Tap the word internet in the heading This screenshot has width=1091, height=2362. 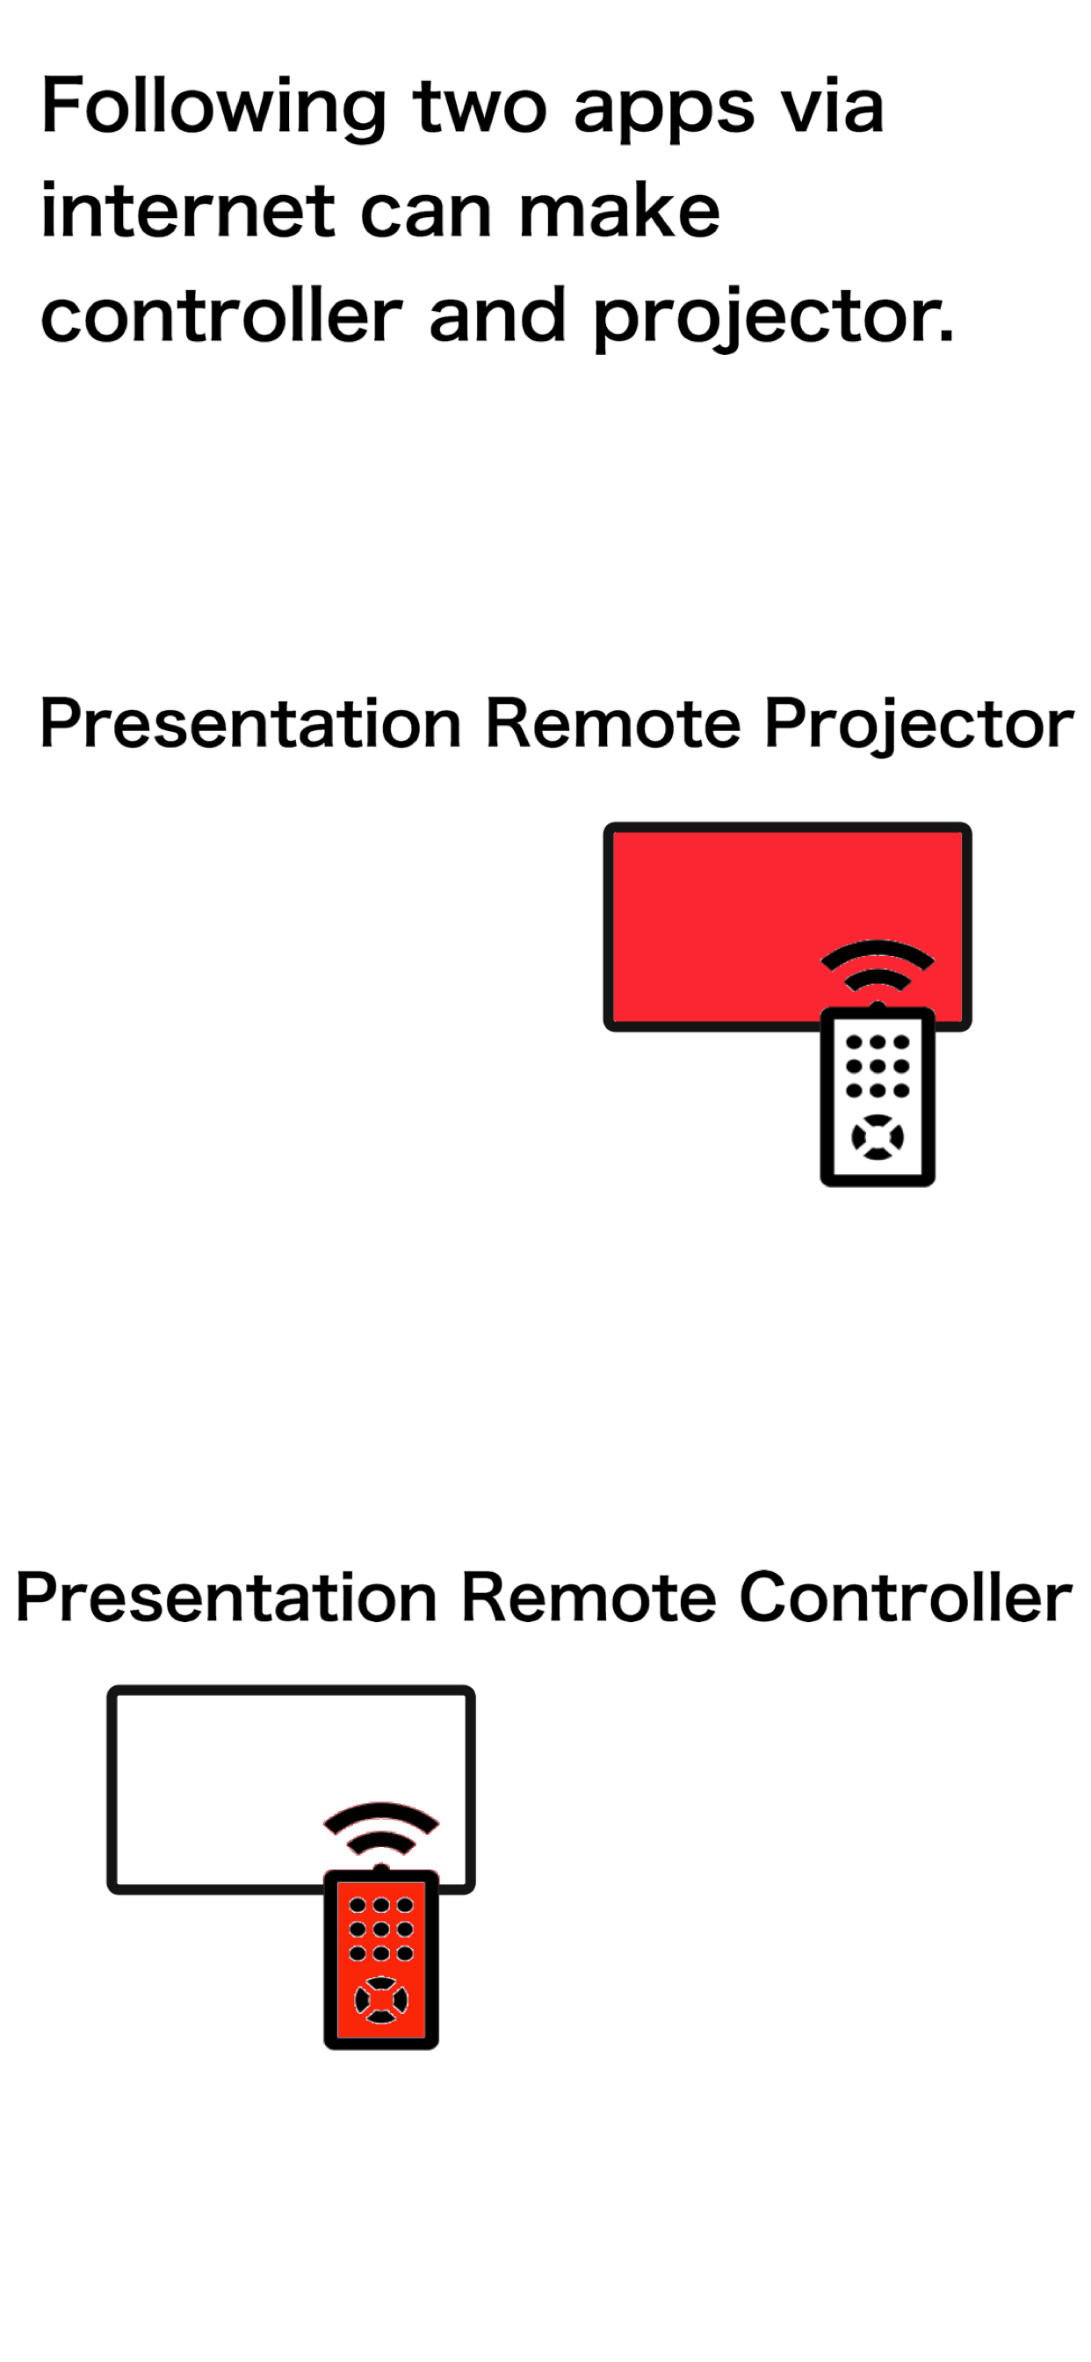point(187,212)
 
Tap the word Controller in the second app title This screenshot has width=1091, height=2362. point(905,1598)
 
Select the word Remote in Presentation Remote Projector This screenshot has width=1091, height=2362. point(611,723)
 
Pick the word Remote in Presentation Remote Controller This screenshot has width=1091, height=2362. point(587,1598)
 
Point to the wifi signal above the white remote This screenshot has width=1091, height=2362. point(878,967)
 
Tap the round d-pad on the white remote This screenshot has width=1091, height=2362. point(878,1137)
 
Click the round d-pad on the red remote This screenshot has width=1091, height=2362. point(380,2000)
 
